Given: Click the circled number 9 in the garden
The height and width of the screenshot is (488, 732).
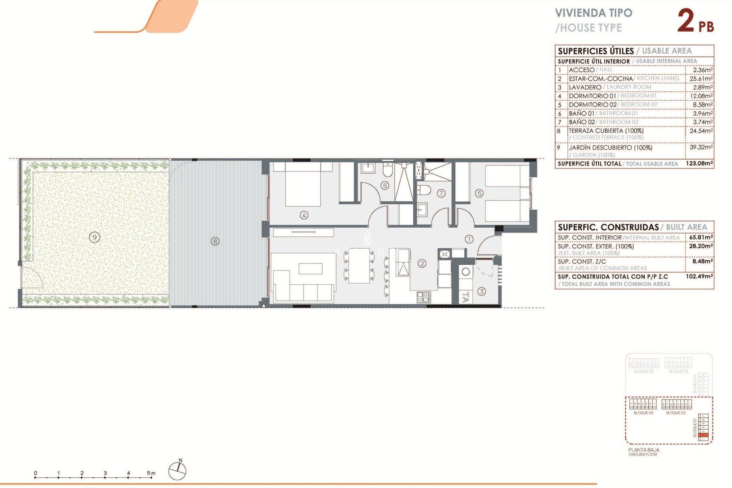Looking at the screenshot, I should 95,238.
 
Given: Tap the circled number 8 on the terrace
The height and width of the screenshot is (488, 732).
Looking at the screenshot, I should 215,241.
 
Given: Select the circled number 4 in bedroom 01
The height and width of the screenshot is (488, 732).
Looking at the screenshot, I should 304,215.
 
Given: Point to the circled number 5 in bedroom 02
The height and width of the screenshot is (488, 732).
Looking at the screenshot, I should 479,193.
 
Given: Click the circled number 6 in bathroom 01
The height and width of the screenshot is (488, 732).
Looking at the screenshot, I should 385,186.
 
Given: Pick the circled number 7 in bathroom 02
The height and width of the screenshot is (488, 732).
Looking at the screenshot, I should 441,193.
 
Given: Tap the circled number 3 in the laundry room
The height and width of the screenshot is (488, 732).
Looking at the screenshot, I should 482,291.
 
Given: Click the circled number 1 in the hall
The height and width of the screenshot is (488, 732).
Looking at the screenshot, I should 469,239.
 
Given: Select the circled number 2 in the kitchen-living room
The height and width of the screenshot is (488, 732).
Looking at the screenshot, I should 422,263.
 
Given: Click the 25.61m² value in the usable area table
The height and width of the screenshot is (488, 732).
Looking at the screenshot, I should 701,79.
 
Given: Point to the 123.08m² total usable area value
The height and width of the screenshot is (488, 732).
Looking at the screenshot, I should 699,164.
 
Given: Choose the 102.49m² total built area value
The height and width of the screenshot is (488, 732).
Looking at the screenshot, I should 699,276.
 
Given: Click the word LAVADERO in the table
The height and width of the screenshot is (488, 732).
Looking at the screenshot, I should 585,87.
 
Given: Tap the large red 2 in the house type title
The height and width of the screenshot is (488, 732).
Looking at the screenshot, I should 686,21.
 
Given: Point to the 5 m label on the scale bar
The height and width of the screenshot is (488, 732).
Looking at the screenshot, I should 151,473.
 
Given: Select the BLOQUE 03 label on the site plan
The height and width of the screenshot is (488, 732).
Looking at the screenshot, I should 643,413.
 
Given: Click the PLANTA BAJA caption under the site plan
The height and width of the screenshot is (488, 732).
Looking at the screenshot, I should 644,450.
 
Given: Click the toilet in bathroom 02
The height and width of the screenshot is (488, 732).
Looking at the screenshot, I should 424,190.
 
